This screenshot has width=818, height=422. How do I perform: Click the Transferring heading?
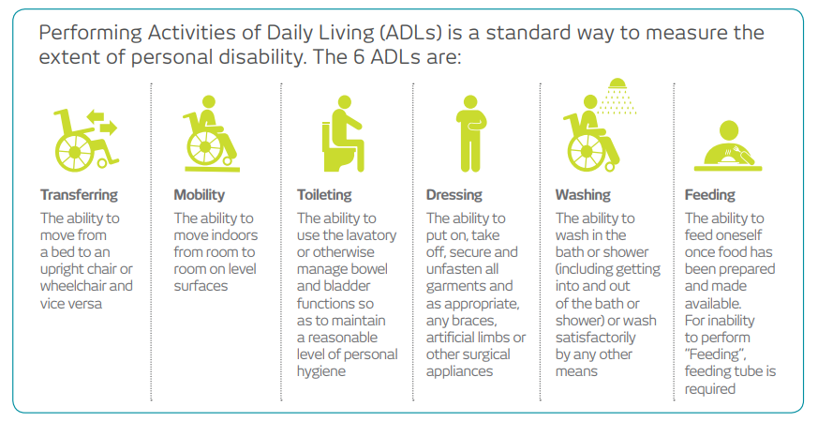point(79,195)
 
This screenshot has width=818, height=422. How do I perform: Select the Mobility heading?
point(200,195)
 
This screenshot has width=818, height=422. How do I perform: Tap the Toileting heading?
point(324,195)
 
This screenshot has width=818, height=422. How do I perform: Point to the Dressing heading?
point(454,195)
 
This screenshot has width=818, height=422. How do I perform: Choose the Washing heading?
point(583,195)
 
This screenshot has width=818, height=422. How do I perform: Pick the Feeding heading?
point(710,195)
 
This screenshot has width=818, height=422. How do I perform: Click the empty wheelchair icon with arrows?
point(85,140)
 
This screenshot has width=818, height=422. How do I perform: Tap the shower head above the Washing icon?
point(617,97)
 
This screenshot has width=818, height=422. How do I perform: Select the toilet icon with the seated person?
point(342,134)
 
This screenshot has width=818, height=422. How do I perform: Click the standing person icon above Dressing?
point(470,134)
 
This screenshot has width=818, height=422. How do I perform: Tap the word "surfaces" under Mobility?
point(201,286)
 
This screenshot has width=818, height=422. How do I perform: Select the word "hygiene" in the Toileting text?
point(321,372)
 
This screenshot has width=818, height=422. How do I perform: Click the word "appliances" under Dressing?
point(460,371)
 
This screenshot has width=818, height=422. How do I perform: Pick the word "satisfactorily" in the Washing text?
point(595,338)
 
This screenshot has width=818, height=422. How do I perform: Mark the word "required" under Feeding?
point(710,389)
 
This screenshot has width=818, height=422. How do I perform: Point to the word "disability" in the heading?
point(260,57)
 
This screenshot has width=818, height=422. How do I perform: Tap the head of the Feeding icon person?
point(728,130)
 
